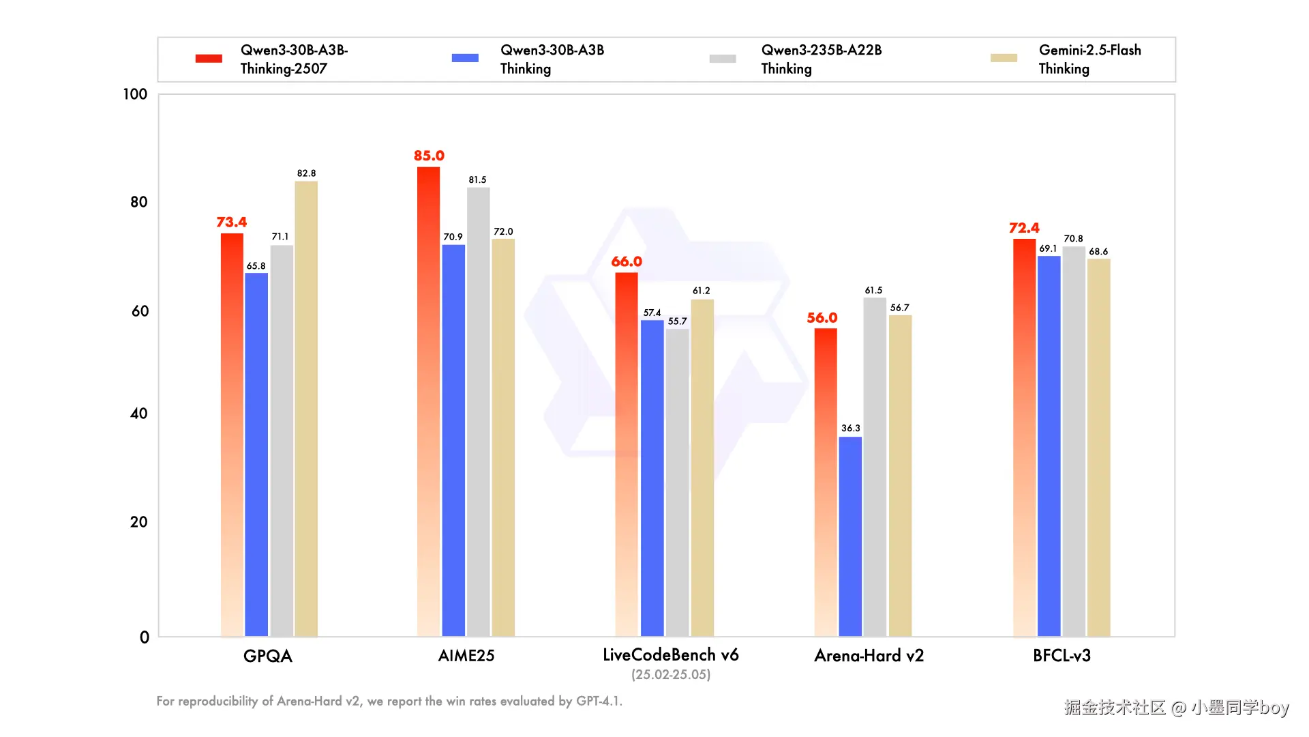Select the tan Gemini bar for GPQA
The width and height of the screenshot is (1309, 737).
(306, 409)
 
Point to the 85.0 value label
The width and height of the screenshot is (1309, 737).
(429, 156)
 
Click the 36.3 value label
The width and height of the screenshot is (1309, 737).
(850, 428)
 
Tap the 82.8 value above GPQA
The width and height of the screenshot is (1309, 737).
(306, 173)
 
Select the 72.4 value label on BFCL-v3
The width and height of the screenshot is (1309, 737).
(1024, 228)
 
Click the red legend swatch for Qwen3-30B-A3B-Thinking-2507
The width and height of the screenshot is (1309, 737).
(209, 59)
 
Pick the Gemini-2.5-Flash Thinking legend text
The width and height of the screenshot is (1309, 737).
(1089, 59)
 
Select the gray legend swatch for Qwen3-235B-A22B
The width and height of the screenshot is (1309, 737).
(723, 59)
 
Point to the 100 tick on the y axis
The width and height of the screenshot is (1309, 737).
(135, 94)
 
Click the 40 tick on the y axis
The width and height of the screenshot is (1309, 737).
(139, 414)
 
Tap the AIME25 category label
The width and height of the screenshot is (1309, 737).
(466, 656)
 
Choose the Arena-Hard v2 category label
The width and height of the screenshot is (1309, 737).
(869, 656)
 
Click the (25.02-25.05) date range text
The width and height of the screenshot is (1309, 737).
(671, 675)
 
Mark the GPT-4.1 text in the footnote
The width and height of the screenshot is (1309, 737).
(599, 701)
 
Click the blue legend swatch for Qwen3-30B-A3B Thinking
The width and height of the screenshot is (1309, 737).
(465, 58)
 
